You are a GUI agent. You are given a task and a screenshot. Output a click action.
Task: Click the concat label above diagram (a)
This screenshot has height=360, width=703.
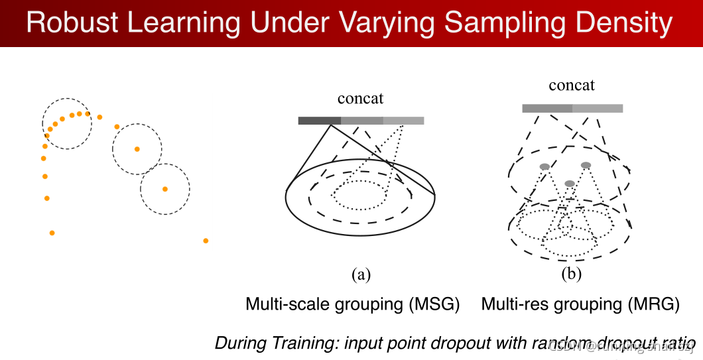pyautogui.click(x=360, y=99)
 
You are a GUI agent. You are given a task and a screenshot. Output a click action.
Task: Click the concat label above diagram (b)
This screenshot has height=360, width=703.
pyautogui.click(x=572, y=86)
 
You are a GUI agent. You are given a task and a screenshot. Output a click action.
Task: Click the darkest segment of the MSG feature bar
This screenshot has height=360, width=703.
pyautogui.click(x=320, y=121)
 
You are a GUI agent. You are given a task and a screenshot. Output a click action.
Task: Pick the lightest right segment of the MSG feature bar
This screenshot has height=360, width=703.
pyautogui.click(x=403, y=121)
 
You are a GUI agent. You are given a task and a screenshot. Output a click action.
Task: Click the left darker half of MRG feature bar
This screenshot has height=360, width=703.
pyautogui.click(x=547, y=108)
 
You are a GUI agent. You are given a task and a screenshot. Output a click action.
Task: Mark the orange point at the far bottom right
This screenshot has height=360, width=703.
pyautogui.click(x=206, y=241)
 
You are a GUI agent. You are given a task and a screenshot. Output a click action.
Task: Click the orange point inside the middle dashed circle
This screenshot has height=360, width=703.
pyautogui.click(x=137, y=149)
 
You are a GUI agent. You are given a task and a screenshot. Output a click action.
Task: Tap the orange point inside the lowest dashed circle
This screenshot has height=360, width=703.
pyautogui.click(x=165, y=189)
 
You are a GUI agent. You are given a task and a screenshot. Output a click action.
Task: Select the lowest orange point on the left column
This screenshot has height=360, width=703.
pyautogui.click(x=52, y=233)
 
